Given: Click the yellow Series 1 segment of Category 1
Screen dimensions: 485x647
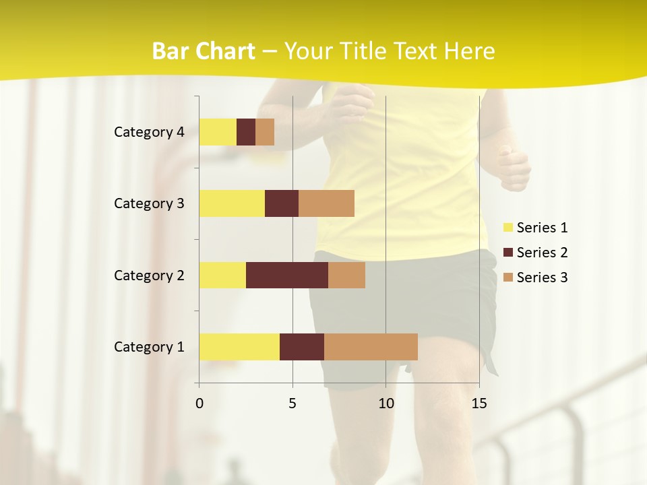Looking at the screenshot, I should coord(239,347).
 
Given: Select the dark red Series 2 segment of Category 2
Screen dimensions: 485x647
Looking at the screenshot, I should coord(287,275).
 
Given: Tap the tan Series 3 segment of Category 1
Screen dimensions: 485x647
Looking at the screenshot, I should coord(371,347).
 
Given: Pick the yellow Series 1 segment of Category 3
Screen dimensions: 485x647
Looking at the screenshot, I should coord(232,203).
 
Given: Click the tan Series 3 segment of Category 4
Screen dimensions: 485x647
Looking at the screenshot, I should coord(265,132).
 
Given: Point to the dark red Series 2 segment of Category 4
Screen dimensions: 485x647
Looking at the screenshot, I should coord(246,132).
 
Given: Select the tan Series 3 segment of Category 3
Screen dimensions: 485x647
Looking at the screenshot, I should coord(326,203).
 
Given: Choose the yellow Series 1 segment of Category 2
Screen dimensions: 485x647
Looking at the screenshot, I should coord(222,275).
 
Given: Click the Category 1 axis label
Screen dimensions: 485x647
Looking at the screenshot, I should coord(149,347).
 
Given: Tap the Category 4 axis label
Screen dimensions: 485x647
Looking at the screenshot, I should coord(149,132).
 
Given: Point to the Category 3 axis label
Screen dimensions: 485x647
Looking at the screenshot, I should coord(149,203).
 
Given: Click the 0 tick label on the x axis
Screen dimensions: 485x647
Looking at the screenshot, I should coord(199,403).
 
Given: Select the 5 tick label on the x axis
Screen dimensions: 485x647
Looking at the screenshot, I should coord(292,403).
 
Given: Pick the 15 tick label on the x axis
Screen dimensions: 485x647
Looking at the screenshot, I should coord(479,403).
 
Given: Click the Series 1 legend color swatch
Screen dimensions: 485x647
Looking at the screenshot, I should coord(507,228).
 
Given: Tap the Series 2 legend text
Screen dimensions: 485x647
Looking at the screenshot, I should coord(542,253).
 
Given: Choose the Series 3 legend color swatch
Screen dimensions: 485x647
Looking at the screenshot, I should coord(507,278).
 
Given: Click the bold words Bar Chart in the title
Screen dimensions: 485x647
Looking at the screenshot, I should coord(204,51).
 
